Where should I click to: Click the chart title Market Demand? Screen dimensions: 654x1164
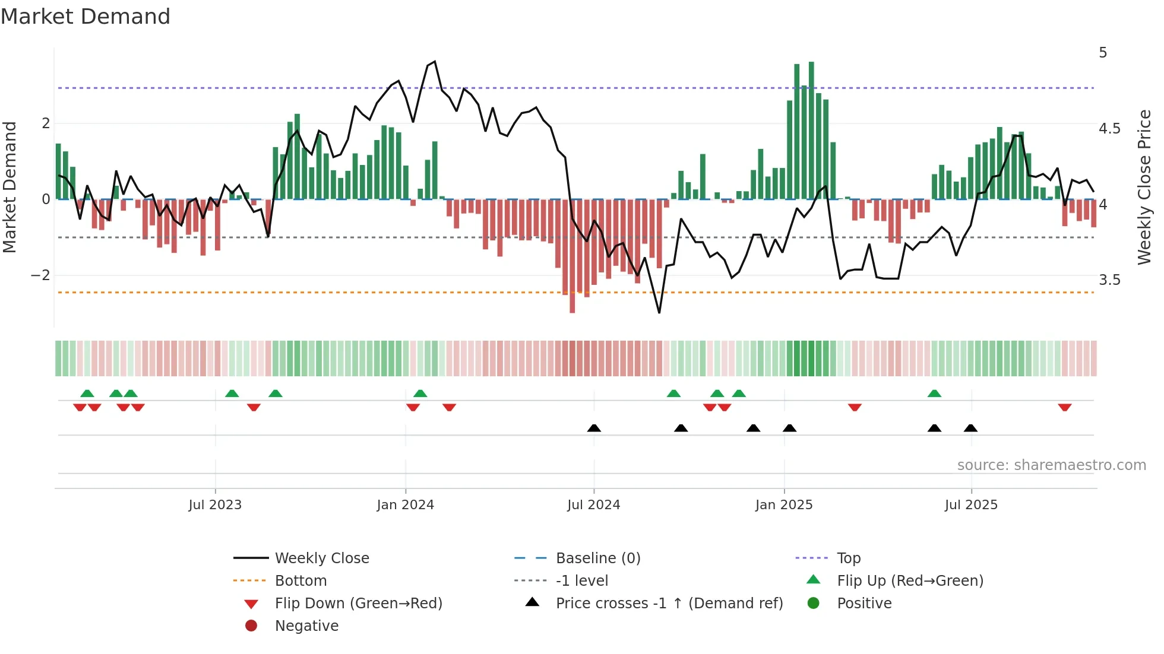coord(86,17)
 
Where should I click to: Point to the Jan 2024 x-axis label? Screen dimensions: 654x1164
coord(405,505)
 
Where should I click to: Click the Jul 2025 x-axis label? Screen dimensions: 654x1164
coord(971,505)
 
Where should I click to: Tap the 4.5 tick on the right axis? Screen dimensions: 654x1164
coord(1109,129)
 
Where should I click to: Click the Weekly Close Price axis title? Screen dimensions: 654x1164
coord(1144,187)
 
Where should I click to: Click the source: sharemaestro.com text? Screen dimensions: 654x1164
coord(1051,465)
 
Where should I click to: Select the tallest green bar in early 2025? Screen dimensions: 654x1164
coord(811,131)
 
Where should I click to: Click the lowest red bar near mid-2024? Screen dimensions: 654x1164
coord(572,255)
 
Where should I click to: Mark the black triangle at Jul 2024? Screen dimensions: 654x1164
coord(594,428)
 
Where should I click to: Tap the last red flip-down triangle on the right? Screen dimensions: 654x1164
coord(1064,407)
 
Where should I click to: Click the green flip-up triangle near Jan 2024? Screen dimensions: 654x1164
coord(420,393)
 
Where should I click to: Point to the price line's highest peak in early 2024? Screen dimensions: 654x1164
coord(435,62)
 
